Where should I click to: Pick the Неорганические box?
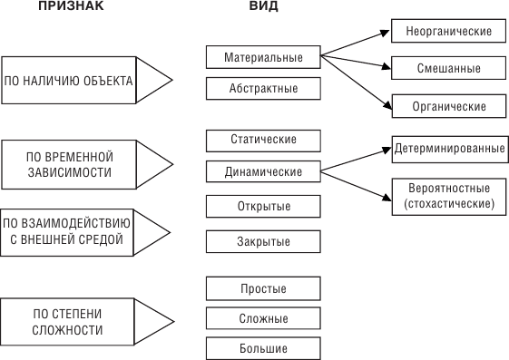[448, 31]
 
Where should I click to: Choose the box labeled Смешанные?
[448, 68]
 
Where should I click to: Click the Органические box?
[448, 106]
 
